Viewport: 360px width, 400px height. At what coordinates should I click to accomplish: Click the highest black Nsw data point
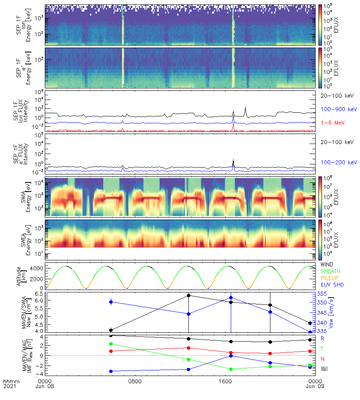pyautogui.click(x=188, y=296)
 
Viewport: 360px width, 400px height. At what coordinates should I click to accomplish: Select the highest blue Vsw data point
pyautogui.click(x=231, y=298)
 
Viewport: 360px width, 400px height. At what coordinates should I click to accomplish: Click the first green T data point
pyautogui.click(x=111, y=344)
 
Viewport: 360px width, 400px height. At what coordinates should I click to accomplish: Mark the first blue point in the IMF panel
pyautogui.click(x=111, y=371)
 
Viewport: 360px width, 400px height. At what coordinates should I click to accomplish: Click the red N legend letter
pyautogui.click(x=322, y=358)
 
